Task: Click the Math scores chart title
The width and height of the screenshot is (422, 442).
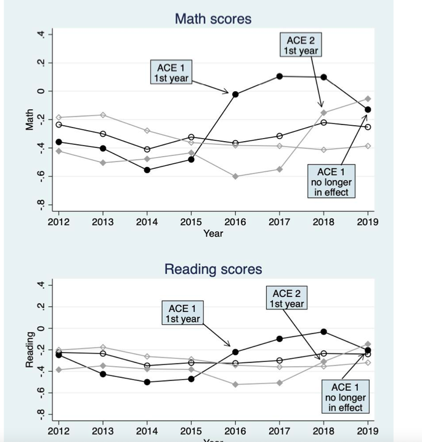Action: pos(213,19)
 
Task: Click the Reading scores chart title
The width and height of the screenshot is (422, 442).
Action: pos(213,269)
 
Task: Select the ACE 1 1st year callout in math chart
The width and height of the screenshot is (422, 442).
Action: pos(171,72)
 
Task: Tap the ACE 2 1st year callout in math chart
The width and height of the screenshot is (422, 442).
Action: pos(301,46)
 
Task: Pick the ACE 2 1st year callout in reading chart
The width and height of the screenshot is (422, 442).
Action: pos(286,298)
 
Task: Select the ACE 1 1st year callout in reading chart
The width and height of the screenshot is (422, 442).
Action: pos(181,313)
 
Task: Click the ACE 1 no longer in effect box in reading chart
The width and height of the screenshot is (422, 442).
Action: pos(345,397)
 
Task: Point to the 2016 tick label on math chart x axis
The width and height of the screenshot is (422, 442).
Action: pos(235,221)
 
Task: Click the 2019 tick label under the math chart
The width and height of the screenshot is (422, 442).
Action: pos(368,221)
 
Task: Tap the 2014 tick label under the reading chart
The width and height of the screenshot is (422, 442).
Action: pos(147,431)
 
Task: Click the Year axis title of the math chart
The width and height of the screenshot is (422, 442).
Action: pos(213,233)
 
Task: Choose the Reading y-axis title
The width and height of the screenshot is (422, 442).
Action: pos(29,350)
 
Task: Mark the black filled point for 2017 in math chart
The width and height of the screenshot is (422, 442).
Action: pos(279,76)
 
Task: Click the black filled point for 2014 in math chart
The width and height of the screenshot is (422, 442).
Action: pos(147,170)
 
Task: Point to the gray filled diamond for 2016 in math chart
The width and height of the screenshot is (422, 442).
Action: pos(235,176)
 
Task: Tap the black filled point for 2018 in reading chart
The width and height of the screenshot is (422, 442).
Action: pos(323,332)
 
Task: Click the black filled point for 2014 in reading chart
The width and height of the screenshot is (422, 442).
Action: pos(147,382)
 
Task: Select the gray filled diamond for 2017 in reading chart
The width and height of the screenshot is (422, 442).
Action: pos(279,383)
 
